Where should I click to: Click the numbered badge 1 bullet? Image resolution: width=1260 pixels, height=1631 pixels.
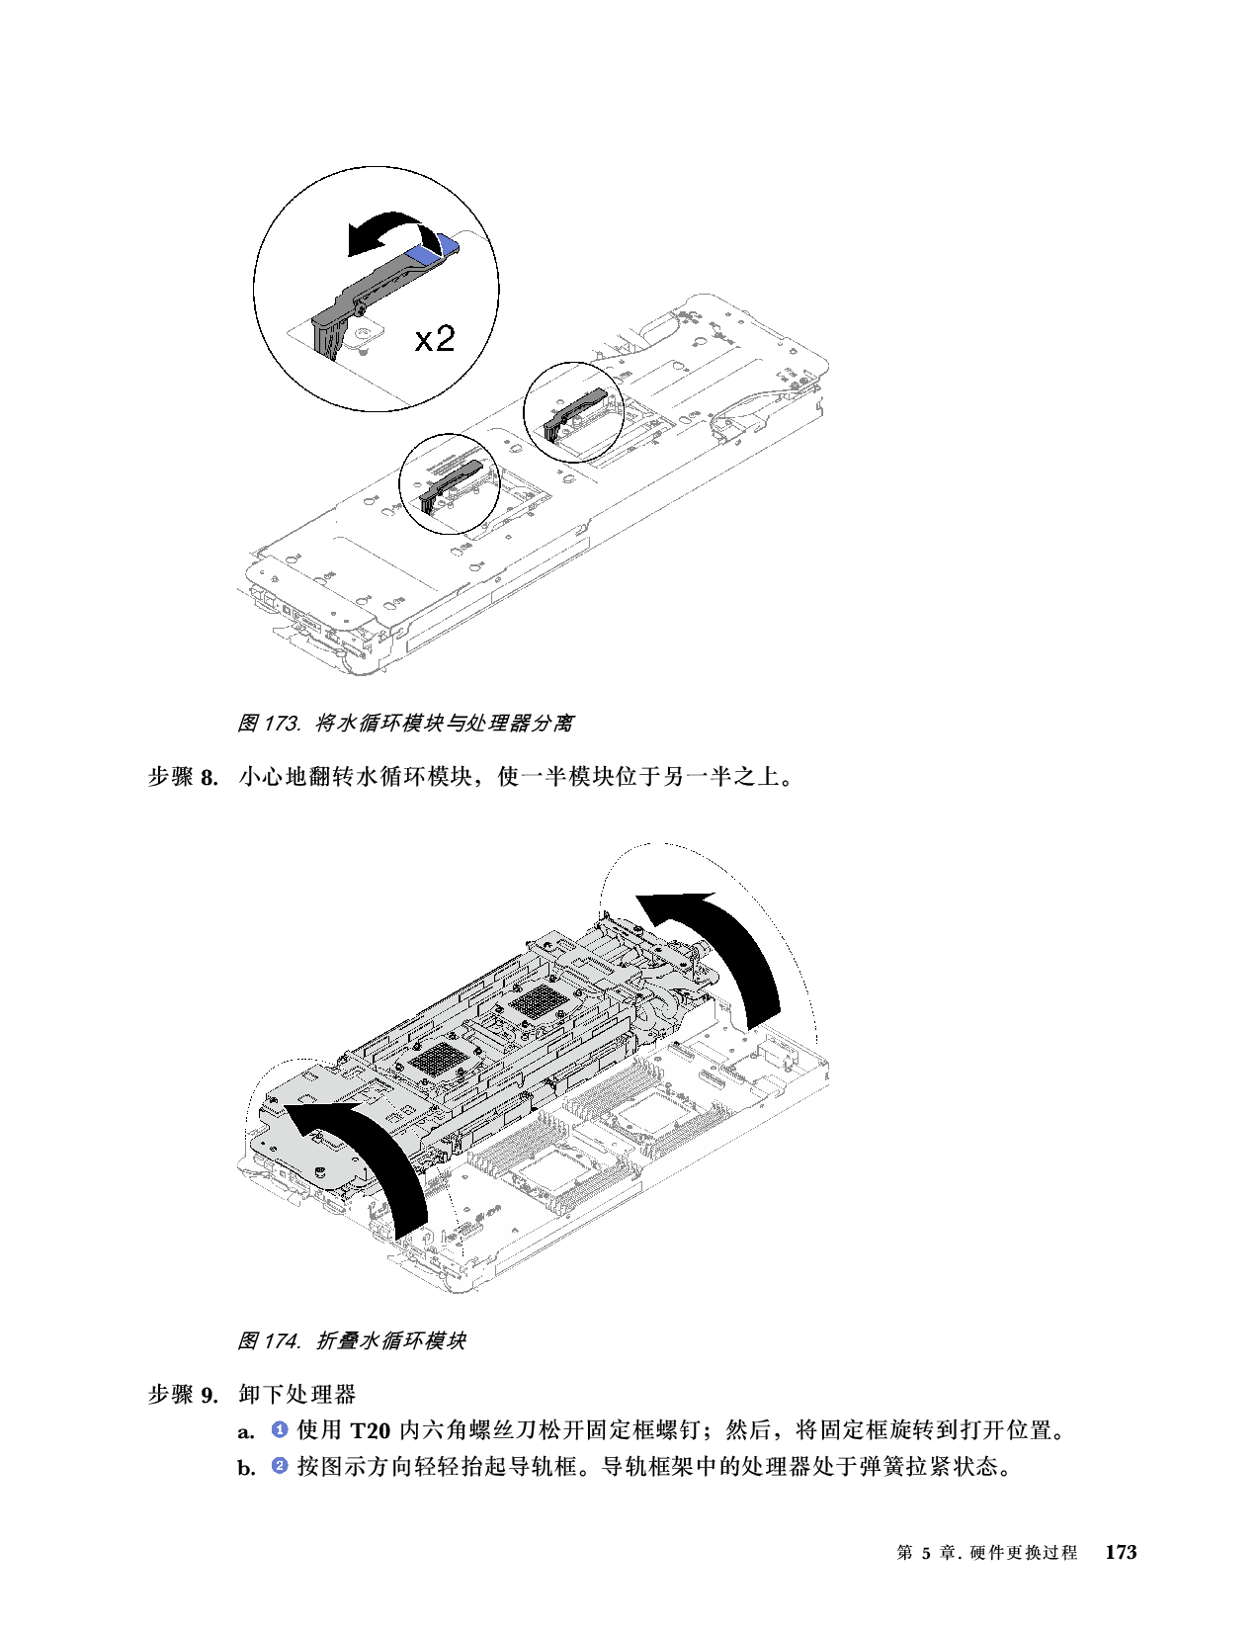pos(280,1429)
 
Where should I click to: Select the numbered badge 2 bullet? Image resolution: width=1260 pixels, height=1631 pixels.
pos(280,1466)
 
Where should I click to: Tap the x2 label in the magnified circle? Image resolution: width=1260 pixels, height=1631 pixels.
pos(435,339)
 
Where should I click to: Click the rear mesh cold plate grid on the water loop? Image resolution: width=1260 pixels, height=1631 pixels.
pos(537,1002)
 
